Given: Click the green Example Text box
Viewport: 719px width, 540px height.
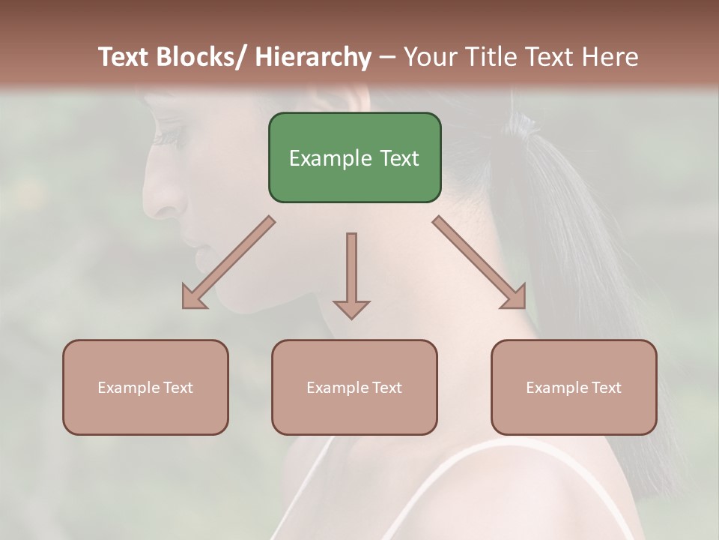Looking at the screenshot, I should pyautogui.click(x=354, y=157).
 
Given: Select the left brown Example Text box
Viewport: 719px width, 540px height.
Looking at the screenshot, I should pyautogui.click(x=145, y=387).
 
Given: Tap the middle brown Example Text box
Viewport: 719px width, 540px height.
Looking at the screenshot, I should pyautogui.click(x=354, y=387).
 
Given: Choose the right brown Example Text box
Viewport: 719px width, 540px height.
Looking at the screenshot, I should pyautogui.click(x=574, y=387).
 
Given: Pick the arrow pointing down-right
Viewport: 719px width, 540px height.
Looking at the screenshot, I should pyautogui.click(x=479, y=262).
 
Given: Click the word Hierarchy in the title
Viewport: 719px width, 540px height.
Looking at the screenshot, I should pyautogui.click(x=313, y=57).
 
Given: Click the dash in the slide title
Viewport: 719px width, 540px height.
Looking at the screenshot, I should pyautogui.click(x=387, y=57).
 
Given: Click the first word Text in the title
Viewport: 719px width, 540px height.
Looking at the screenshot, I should pyautogui.click(x=124, y=57).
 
